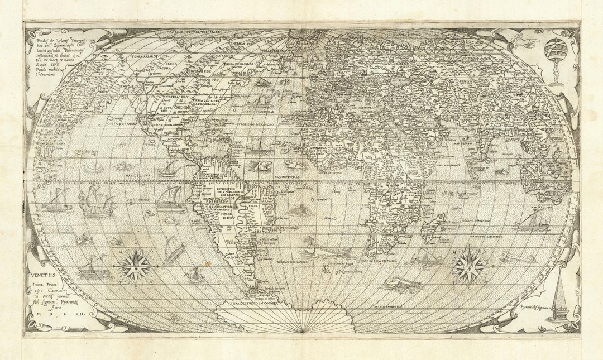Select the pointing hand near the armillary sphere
[x=525, y=42]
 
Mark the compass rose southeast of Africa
[x=468, y=266]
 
